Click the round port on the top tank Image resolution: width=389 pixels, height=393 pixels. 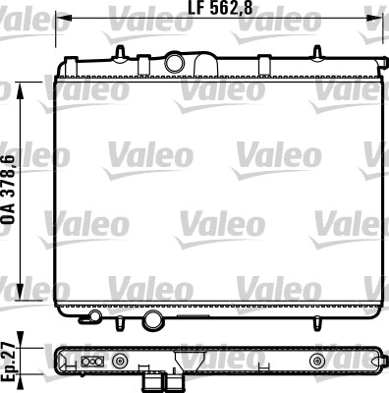coord(175,63)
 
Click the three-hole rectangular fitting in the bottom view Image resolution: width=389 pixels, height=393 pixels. coord(95,362)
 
